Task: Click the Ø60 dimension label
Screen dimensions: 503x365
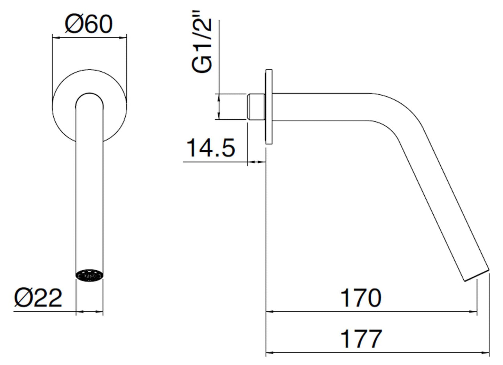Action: coord(89,24)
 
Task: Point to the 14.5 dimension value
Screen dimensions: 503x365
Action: coord(211,148)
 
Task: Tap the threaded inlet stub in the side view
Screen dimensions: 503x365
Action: coord(256,107)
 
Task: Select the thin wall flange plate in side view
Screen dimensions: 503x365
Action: coord(269,106)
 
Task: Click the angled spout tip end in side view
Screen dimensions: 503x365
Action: coord(477,275)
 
